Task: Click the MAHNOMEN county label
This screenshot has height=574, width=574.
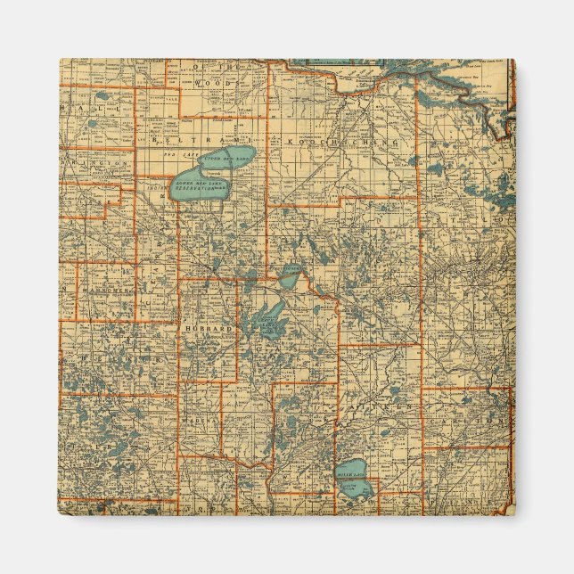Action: [x=104, y=291]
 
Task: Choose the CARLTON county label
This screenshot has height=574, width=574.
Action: [x=478, y=417]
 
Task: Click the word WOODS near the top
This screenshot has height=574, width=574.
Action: [x=219, y=83]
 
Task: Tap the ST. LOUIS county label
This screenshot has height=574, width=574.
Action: [x=472, y=223]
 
